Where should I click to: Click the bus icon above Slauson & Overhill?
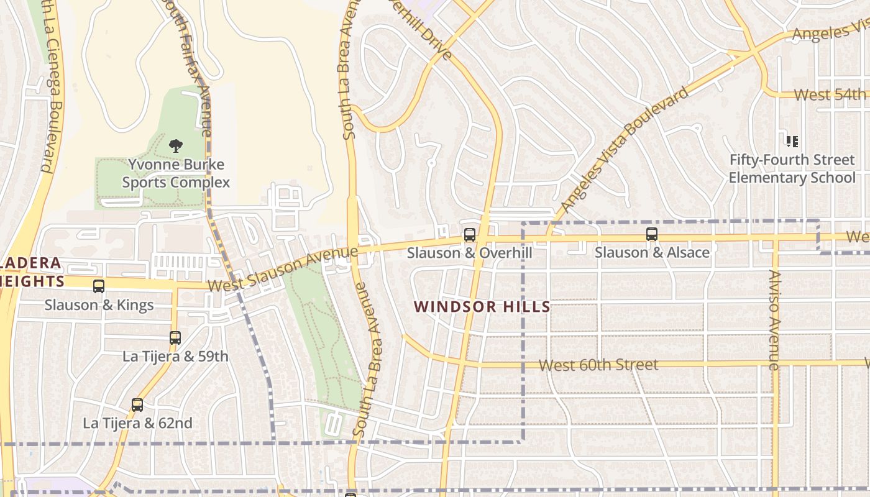[x=470, y=235]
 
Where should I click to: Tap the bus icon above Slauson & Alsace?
[x=651, y=234]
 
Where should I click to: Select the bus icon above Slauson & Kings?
[x=99, y=286]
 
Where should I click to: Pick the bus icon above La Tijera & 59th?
[x=175, y=338]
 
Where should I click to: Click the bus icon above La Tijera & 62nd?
[x=137, y=405]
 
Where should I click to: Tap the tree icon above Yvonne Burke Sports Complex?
[x=176, y=146]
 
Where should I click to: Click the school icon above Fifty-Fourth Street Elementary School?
[x=792, y=142]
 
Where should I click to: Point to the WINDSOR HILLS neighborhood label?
[x=482, y=306]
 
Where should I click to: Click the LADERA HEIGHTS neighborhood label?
[x=31, y=272]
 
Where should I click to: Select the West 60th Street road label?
[x=598, y=365]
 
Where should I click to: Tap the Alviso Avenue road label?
[x=774, y=320]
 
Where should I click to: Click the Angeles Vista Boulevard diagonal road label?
[x=624, y=151]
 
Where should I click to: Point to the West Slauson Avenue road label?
[x=283, y=269]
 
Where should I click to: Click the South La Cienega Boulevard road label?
[x=53, y=87]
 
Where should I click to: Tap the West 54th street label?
[x=830, y=95]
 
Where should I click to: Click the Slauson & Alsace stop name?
[x=651, y=252]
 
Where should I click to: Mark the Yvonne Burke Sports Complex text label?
[x=176, y=173]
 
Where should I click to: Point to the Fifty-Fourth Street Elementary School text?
[x=792, y=168]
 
